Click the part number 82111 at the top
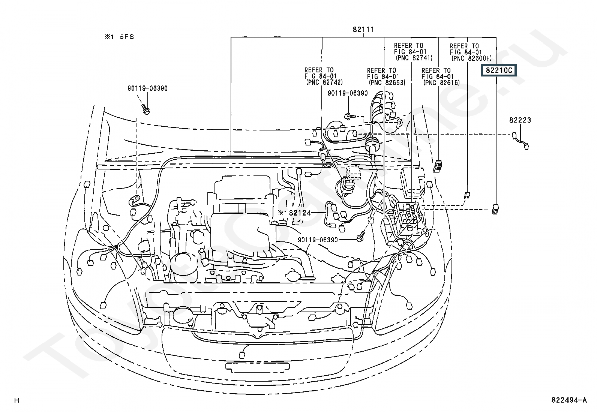point(363,29)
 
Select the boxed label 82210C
point(499,70)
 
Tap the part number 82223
point(520,120)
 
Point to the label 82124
point(300,213)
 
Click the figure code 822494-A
point(569,400)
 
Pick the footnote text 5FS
point(127,37)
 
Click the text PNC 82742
point(324,82)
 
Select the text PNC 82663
point(387,82)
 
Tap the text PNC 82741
point(414,58)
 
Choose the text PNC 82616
point(442,82)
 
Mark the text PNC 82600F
point(471,58)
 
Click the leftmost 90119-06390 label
point(147,88)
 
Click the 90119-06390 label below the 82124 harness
point(318,240)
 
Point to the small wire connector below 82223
point(520,141)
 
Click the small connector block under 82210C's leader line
point(495,209)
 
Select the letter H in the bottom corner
point(17,400)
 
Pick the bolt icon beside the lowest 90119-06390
point(360,237)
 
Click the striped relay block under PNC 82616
point(438,166)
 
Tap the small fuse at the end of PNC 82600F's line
point(467,195)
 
